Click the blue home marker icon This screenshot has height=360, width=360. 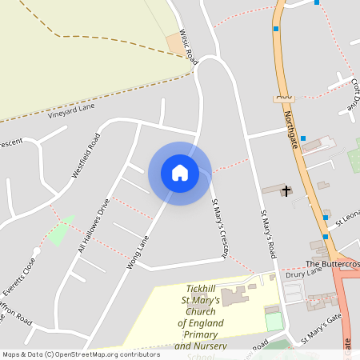pos(180,173)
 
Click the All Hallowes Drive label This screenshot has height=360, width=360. pos(94,226)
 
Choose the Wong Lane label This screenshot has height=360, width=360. pos(138,251)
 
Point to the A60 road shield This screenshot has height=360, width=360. pos(283,96)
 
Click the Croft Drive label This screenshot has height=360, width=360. pos(353,94)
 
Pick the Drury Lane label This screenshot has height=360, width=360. pos(302,273)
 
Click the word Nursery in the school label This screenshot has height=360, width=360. pos(208,346)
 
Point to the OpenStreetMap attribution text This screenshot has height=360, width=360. pos(80,354)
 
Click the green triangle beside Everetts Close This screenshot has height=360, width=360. pos(59,231)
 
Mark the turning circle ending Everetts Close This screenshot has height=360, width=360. pos(36,250)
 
